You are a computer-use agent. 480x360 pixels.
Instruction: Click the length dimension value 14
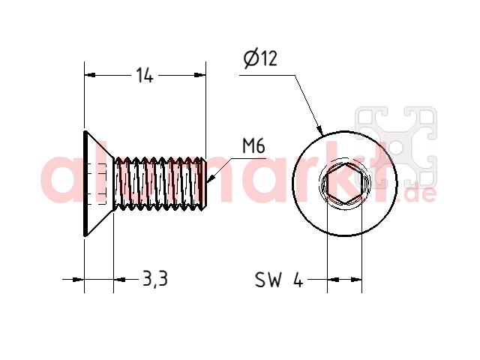tap(144, 75)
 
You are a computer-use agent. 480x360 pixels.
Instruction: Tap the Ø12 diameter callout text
tap(260, 58)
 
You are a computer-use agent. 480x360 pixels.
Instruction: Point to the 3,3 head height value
tap(155, 279)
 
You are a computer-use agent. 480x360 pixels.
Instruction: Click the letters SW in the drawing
tap(268, 279)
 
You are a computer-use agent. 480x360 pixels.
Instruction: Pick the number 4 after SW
tap(298, 280)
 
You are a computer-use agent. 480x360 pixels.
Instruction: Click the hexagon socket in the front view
tap(344, 184)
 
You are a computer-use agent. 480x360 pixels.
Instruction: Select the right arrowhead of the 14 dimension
tap(200, 75)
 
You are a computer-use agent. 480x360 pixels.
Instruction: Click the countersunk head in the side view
tap(98, 184)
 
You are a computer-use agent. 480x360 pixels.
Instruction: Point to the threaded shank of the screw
tap(159, 184)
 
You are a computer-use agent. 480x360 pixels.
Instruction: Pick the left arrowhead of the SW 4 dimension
tap(333, 279)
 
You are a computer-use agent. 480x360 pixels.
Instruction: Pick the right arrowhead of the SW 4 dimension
tap(356, 279)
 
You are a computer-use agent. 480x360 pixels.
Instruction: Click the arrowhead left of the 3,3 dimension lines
tap(78, 279)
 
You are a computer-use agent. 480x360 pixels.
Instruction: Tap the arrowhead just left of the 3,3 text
tap(120, 279)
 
